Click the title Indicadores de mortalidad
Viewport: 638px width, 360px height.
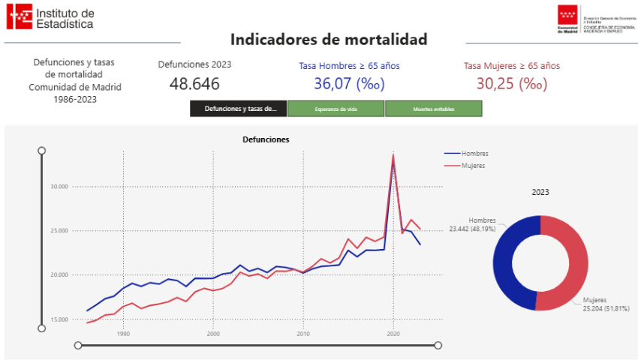click(328, 40)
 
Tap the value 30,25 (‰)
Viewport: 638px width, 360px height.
click(511, 83)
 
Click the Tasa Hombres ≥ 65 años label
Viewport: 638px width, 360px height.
click(349, 66)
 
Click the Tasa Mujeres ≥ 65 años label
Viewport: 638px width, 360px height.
click(511, 66)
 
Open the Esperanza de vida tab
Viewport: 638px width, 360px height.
click(336, 109)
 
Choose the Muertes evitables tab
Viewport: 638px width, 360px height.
click(434, 109)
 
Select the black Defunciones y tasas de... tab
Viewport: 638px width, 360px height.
click(238, 109)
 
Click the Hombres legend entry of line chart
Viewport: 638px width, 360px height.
click(474, 154)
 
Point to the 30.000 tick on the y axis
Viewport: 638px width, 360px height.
click(58, 187)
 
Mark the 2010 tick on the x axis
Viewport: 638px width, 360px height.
click(303, 334)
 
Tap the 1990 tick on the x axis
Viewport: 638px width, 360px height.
click(123, 334)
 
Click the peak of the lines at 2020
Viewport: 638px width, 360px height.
click(393, 156)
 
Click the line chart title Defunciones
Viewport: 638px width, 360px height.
click(266, 139)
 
